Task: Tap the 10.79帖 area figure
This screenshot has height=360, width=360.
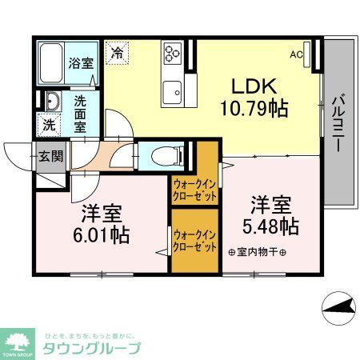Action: [256, 106]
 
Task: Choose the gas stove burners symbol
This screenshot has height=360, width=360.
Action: [172, 53]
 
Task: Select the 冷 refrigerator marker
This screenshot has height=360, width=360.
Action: [117, 54]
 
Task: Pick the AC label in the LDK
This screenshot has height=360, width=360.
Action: [297, 55]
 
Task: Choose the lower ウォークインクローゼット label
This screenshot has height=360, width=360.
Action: [194, 240]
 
